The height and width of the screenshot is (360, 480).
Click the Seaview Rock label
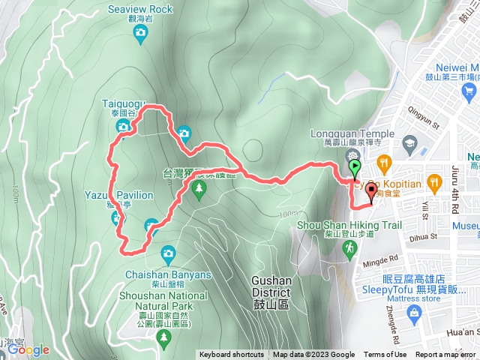click(x=139, y=9)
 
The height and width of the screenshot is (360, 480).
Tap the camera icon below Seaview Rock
click(x=139, y=32)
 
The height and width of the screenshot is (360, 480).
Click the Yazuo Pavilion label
click(x=119, y=196)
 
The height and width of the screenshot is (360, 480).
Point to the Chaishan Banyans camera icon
click(x=167, y=253)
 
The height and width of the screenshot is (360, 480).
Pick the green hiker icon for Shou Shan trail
click(x=349, y=248)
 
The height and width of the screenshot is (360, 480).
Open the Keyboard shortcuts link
click(x=232, y=355)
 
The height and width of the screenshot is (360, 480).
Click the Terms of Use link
click(x=385, y=355)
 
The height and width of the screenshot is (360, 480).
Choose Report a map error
click(x=447, y=355)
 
